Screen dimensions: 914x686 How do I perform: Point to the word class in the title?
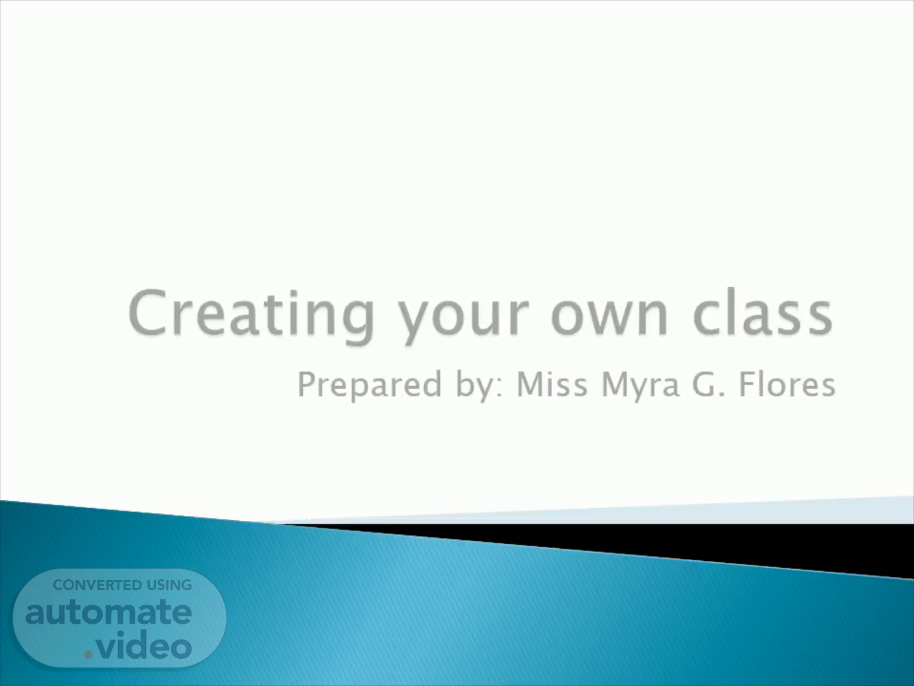pos(763,313)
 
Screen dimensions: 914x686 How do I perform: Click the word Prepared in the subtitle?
pos(369,386)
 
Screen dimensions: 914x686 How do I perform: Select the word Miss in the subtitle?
pos(552,384)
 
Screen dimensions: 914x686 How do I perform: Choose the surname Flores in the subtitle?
pos(788,384)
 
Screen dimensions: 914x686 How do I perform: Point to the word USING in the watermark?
pos(169,585)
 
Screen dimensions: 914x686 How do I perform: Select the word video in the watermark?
pos(144,644)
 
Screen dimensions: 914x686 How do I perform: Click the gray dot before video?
pos(88,654)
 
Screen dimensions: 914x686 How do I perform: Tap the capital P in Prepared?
pos(308,384)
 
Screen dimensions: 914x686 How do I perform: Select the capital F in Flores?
pos(748,384)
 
